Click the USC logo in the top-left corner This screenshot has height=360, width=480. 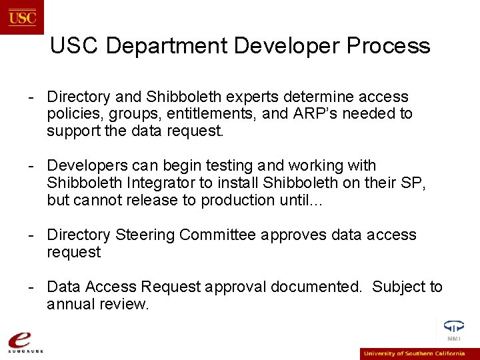tap(22, 17)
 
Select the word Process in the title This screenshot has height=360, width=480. tap(388, 46)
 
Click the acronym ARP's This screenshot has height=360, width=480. tap(310, 114)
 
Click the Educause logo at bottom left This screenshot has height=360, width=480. tap(26, 341)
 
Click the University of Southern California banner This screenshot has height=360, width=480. tap(419, 353)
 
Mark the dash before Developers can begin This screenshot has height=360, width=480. tap(31, 165)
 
